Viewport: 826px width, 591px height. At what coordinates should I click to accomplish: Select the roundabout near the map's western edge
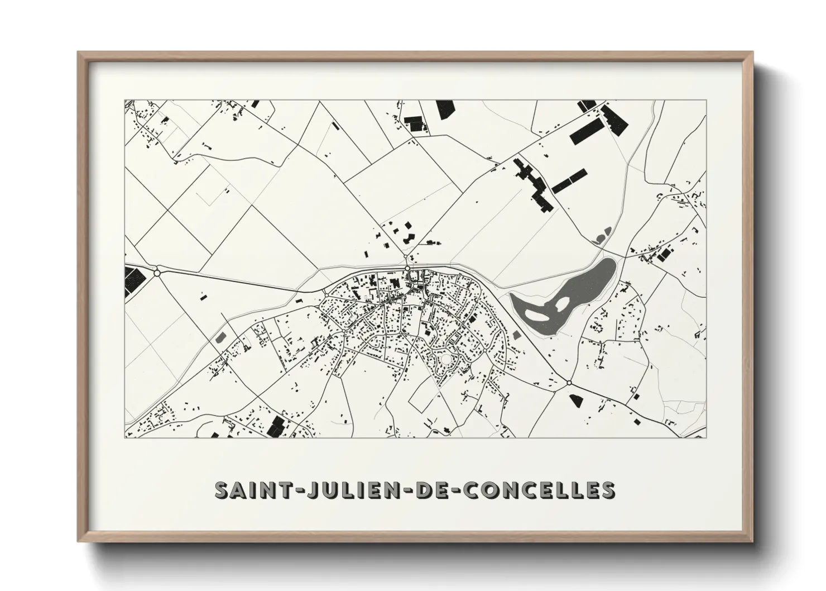click(x=157, y=273)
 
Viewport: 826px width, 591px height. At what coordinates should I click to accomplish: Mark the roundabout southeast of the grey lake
click(x=569, y=383)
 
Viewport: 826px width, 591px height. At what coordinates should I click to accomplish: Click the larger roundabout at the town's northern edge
click(x=408, y=269)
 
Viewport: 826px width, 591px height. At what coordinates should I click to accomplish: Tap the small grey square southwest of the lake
click(x=516, y=334)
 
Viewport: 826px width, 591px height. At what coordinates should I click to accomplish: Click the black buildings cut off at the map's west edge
click(x=133, y=280)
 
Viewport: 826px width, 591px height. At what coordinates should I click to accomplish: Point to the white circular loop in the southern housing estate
click(x=445, y=358)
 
